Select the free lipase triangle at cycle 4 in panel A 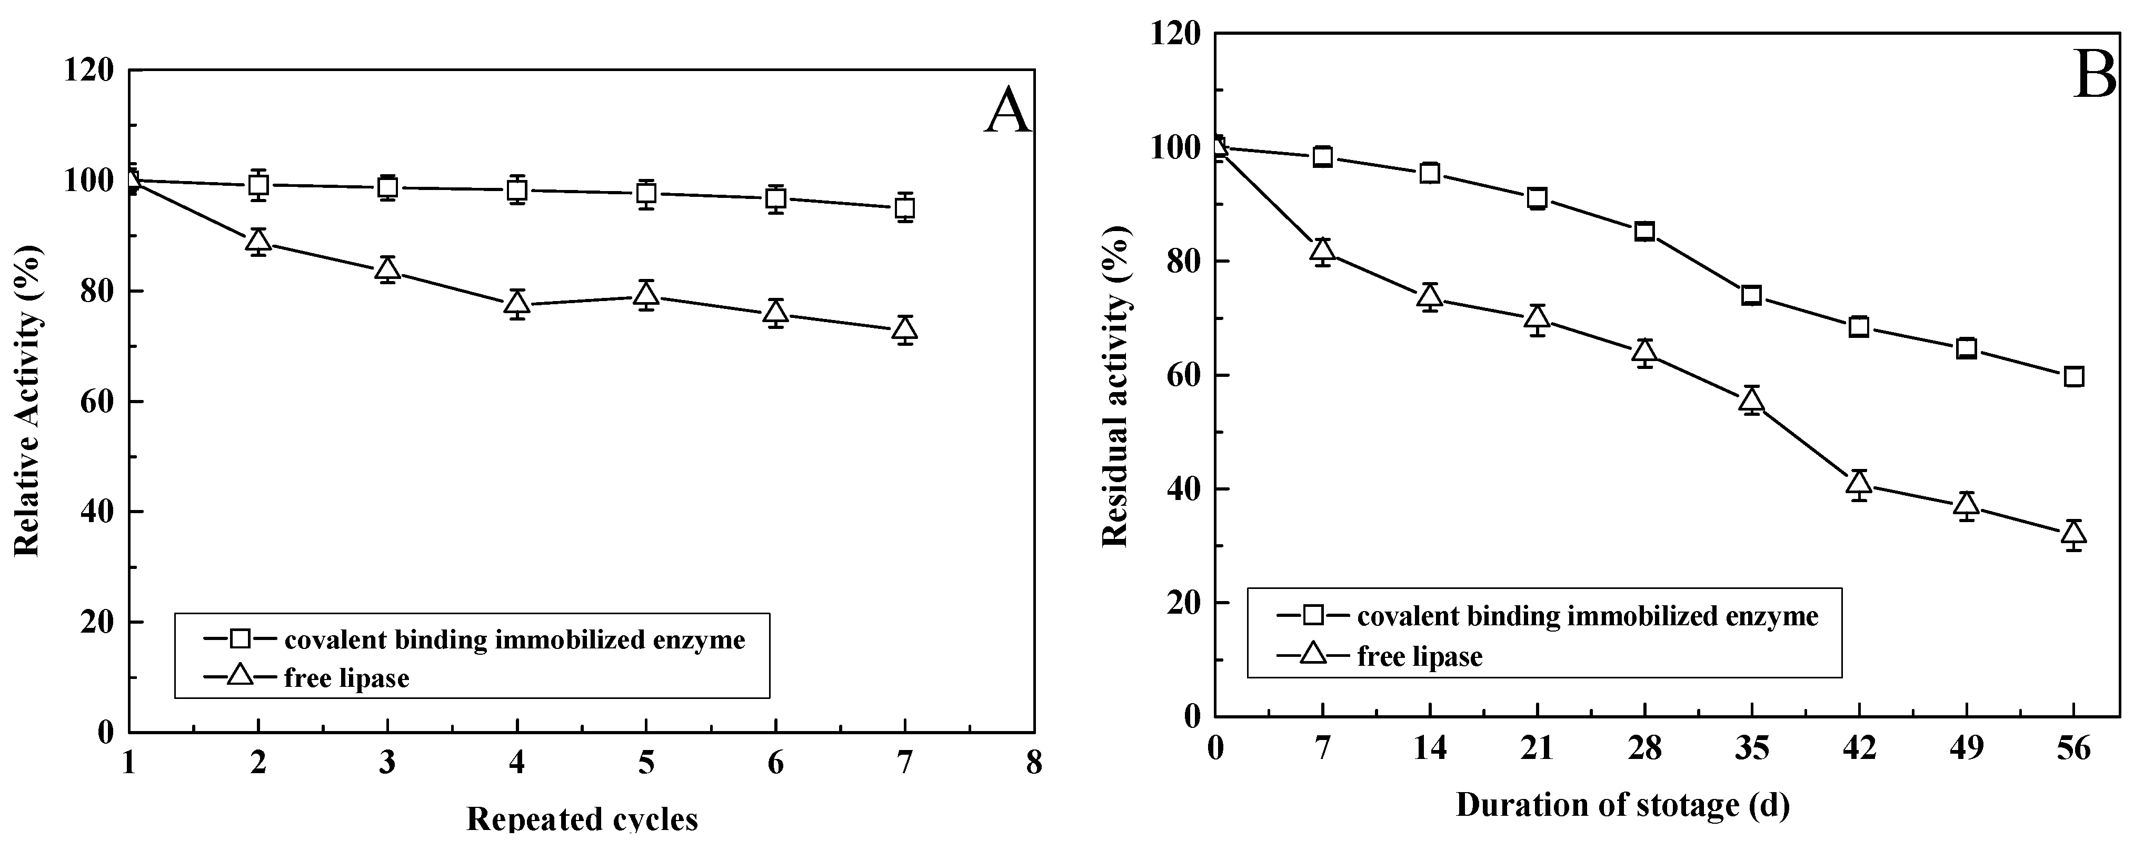pyautogui.click(x=517, y=303)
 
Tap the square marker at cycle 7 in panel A pyautogui.click(x=905, y=207)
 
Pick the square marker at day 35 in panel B pyautogui.click(x=1751, y=296)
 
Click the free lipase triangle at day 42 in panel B pyautogui.click(x=1859, y=483)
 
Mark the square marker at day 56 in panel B pyautogui.click(x=2074, y=376)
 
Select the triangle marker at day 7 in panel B pyautogui.click(x=1322, y=250)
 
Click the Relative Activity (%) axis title pyautogui.click(x=27, y=401)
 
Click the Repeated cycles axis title pyautogui.click(x=582, y=819)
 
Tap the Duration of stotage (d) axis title pyautogui.click(x=1622, y=805)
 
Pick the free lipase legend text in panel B pyautogui.click(x=1420, y=657)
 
